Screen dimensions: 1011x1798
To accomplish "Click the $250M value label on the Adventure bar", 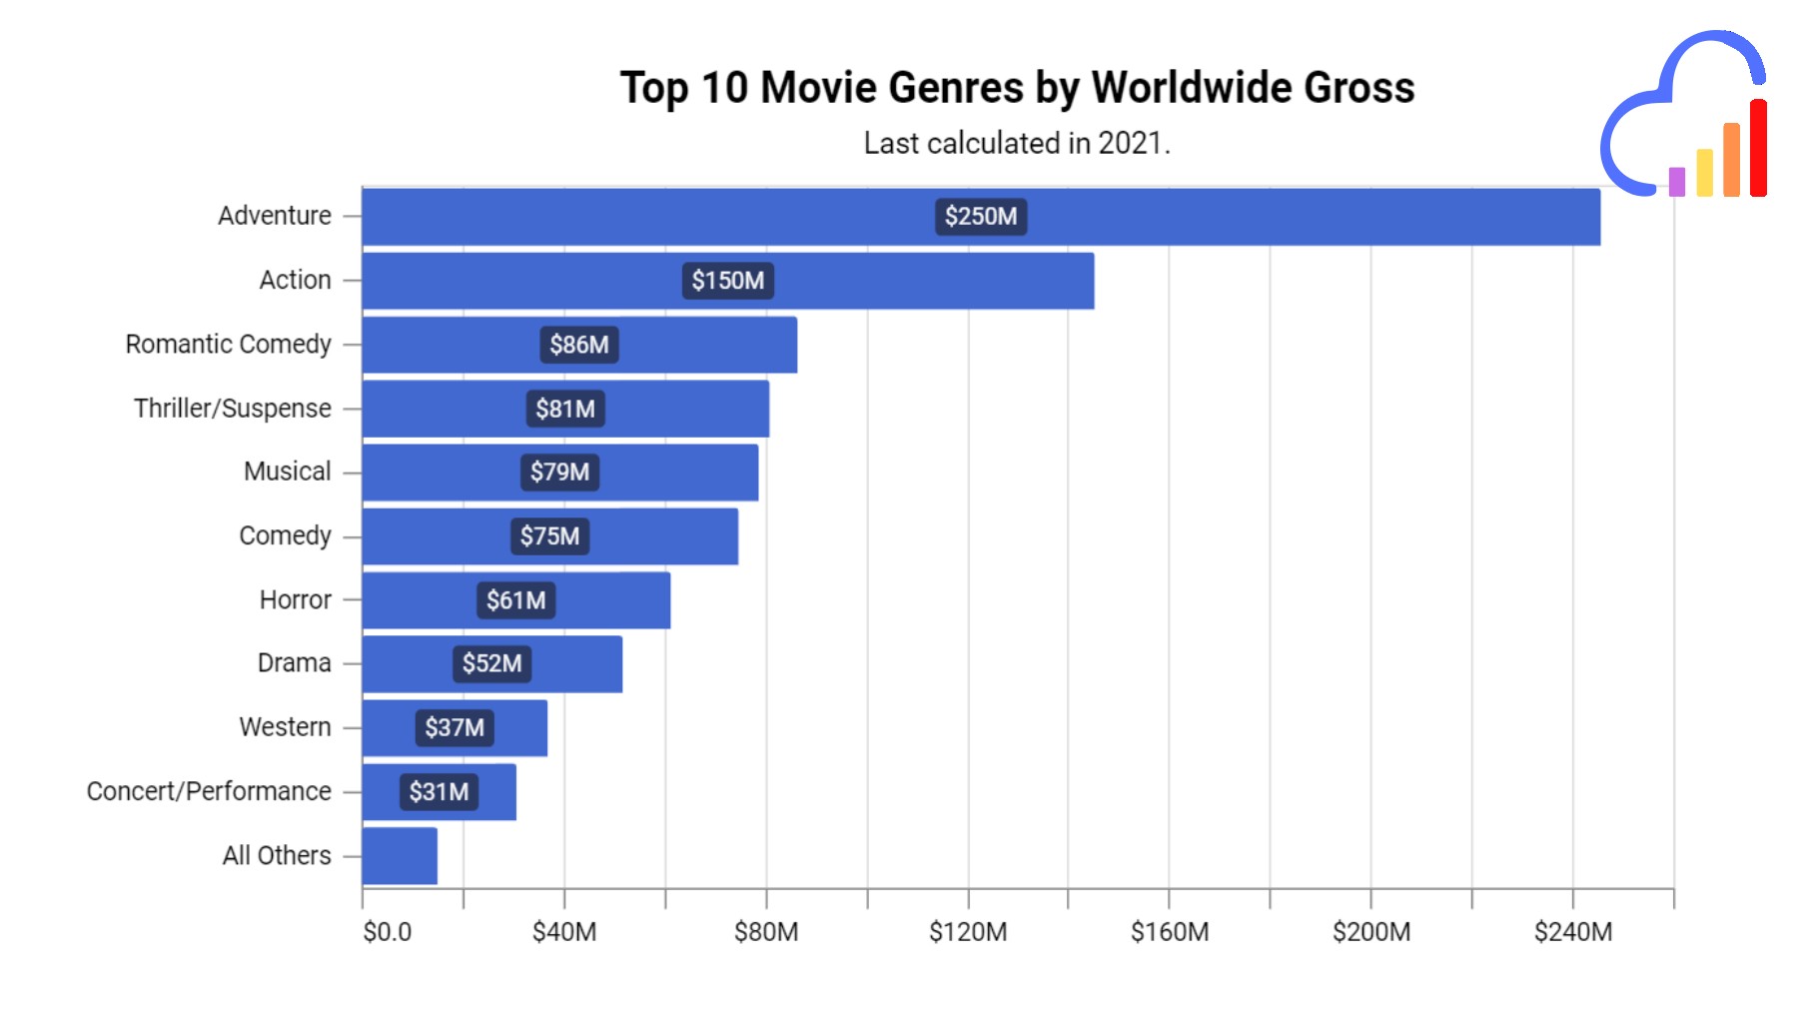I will pyautogui.click(x=981, y=217).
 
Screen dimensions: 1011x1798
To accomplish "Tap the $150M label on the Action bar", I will pyautogui.click(x=727, y=281).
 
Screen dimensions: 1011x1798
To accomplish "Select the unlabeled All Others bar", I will pyautogui.click(x=400, y=856).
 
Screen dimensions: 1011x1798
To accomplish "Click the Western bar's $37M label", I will pyautogui.click(x=454, y=727).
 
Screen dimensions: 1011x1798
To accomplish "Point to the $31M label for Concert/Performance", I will pyautogui.click(x=439, y=792).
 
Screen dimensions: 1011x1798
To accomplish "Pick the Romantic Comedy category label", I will pyautogui.click(x=228, y=345).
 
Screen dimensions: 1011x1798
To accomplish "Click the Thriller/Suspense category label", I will pyautogui.click(x=232, y=409).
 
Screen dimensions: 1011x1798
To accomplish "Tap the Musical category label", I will pyautogui.click(x=287, y=472).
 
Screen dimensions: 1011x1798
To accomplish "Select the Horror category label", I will pyautogui.click(x=295, y=600).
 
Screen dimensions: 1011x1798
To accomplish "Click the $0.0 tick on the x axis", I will pyautogui.click(x=387, y=932).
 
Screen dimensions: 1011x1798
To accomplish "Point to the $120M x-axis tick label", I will pyautogui.click(x=968, y=932).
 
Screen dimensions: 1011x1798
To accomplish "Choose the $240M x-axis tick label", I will pyautogui.click(x=1573, y=932).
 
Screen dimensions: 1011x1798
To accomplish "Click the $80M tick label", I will pyautogui.click(x=766, y=932).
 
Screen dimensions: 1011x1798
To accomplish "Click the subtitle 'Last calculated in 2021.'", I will pyautogui.click(x=1017, y=144).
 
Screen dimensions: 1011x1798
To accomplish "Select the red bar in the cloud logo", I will pyautogui.click(x=1758, y=148).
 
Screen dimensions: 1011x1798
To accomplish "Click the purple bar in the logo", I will pyautogui.click(x=1677, y=182).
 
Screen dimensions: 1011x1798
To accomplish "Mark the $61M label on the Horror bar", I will pyautogui.click(x=515, y=600).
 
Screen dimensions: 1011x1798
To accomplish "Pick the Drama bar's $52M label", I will pyautogui.click(x=491, y=663).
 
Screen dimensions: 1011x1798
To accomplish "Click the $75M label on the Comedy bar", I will pyautogui.click(x=549, y=536).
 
